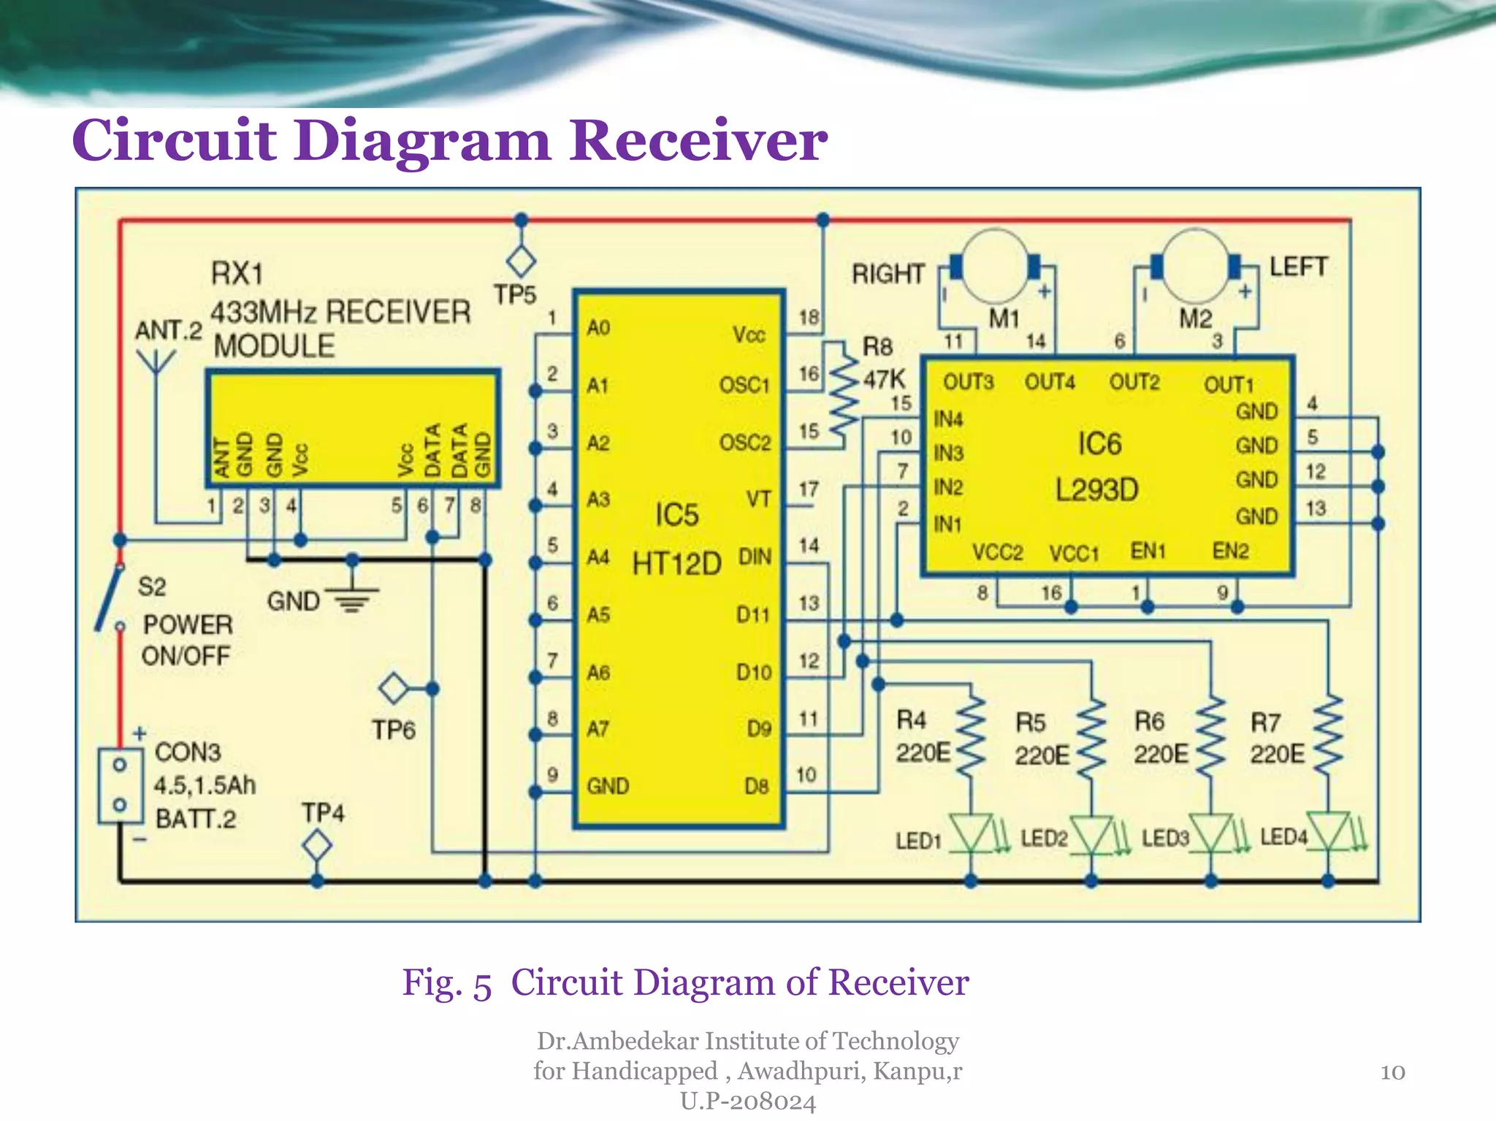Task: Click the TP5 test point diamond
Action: pos(521,262)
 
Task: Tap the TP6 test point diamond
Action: pos(394,688)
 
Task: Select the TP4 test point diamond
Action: pos(317,847)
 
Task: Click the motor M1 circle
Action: pos(993,267)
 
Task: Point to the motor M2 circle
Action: pos(1195,267)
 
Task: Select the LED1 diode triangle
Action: pos(971,833)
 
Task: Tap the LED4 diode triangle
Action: pos(1328,831)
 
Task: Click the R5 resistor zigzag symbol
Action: pos(1091,738)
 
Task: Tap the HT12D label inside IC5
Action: pos(676,564)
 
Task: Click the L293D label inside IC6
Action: pos(1097,489)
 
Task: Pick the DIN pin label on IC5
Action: pos(755,557)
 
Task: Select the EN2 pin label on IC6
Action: pos(1230,551)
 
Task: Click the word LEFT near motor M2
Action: pos(1297,267)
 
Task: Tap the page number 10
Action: pos(1392,1072)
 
